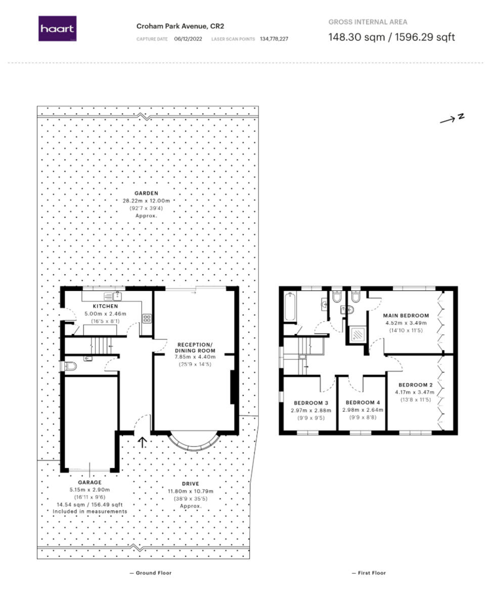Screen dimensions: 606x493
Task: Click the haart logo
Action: coord(57,29)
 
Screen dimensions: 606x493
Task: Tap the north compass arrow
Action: coord(452,119)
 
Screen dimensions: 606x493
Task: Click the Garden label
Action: coord(146,193)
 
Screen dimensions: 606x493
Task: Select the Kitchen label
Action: coord(105,306)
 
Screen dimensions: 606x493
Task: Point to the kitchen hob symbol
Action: coord(147,318)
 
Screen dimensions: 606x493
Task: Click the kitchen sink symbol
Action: coord(112,296)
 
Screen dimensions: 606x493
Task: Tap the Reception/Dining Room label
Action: coord(195,347)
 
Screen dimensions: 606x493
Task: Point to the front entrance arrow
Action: coord(143,442)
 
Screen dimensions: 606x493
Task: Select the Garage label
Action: coord(89,482)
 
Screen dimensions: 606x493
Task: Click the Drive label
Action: coord(191,484)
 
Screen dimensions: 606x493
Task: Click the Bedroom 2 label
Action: coord(414,384)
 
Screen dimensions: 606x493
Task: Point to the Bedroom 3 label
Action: coord(311,403)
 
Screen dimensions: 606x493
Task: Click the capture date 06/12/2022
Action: coord(188,39)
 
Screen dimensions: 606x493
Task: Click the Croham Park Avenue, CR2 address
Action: coord(180,26)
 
